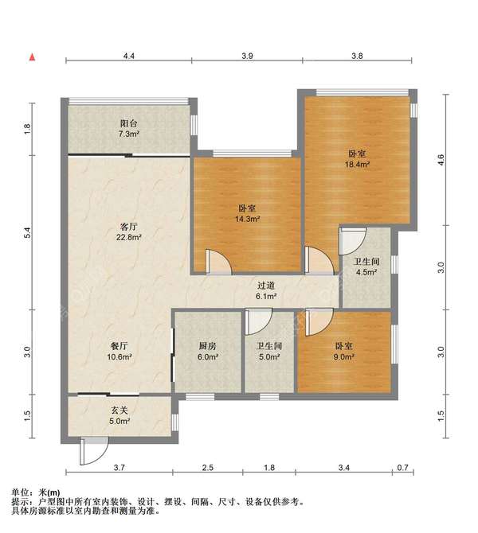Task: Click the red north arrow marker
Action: [33, 57]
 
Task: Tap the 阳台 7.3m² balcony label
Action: [129, 129]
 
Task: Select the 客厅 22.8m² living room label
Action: [129, 231]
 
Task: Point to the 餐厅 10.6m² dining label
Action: [119, 352]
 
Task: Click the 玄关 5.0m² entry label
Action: [119, 416]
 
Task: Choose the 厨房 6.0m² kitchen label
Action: [208, 352]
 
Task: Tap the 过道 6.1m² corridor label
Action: [266, 291]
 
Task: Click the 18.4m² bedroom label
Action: [357, 159]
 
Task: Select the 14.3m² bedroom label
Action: [248, 213]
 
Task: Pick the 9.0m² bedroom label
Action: [343, 352]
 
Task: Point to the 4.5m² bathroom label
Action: [366, 266]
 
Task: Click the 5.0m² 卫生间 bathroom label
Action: [269, 352]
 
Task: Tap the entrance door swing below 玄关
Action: [94, 451]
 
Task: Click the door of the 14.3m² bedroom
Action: [219, 262]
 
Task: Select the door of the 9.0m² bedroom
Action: [319, 322]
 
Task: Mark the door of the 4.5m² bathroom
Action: [353, 241]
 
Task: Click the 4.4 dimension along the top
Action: [129, 56]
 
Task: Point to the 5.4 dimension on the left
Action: [27, 232]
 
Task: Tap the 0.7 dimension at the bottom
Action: [403, 468]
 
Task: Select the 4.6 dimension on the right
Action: [441, 159]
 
